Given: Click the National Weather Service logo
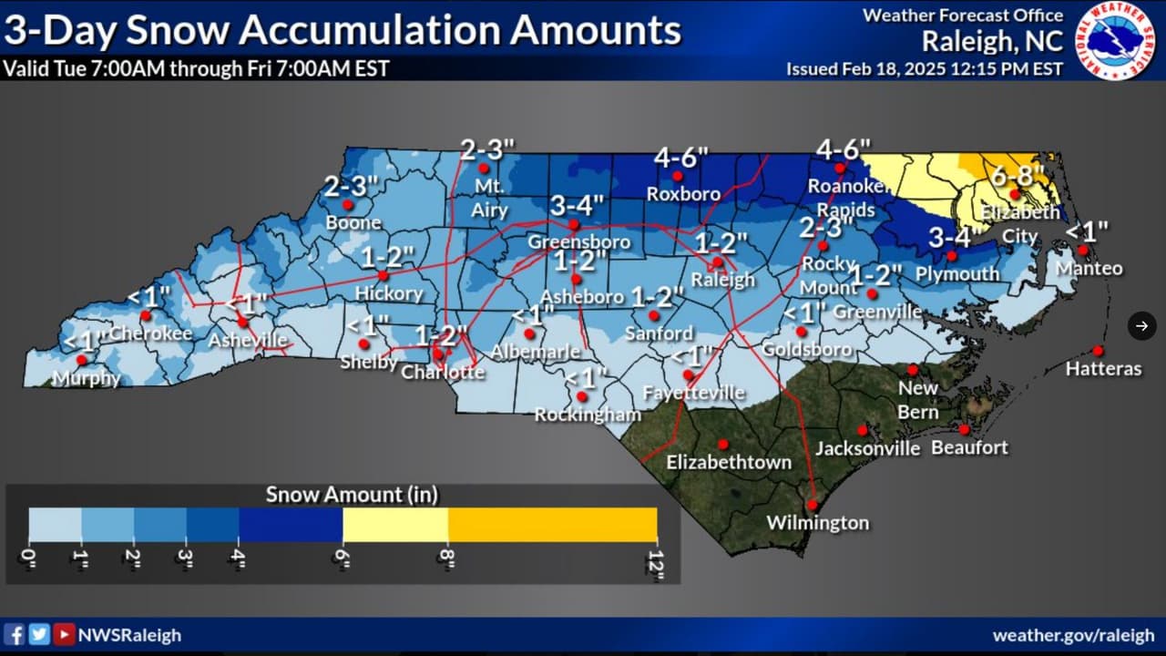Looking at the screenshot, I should point(1116,41).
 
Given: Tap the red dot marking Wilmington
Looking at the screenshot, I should point(812,505).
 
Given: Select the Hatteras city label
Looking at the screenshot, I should point(1103,369).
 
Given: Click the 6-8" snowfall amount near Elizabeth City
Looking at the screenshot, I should point(1018,175).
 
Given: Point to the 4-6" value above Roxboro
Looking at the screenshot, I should point(680,158).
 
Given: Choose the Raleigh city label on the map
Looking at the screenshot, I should point(722,280).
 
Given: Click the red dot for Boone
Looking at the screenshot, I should point(347,206).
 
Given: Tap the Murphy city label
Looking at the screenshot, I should point(87,378).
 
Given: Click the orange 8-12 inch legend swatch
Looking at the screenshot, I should point(552,525).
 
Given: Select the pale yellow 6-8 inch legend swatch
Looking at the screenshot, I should point(395,525).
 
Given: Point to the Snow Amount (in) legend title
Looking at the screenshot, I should point(352,495).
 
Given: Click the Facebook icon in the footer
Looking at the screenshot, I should point(15,635).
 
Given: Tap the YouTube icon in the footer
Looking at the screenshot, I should point(64,635).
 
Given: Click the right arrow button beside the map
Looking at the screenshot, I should point(1141,325).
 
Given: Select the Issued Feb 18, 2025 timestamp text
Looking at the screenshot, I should point(924,69).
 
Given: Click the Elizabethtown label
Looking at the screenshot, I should point(729,462).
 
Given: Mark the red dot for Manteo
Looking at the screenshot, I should point(1082,250).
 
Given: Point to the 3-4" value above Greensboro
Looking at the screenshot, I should point(576,205).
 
